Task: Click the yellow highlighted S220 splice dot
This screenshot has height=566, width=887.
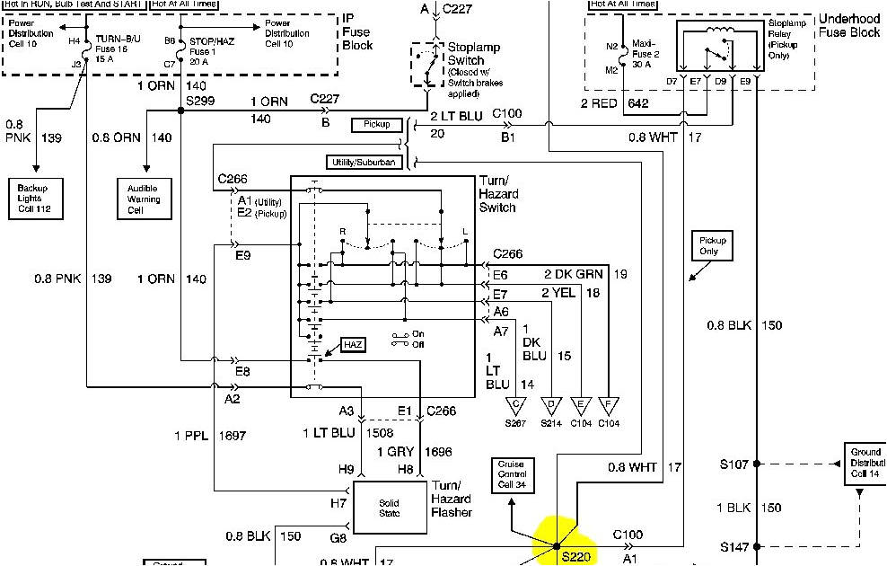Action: (x=557, y=545)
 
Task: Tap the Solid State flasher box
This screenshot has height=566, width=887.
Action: (x=390, y=507)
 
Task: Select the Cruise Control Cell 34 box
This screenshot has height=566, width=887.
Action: (x=513, y=474)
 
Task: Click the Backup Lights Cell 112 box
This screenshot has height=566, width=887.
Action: (x=38, y=198)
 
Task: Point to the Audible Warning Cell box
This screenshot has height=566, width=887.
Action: (x=143, y=198)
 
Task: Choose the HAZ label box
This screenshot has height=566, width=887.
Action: (x=353, y=346)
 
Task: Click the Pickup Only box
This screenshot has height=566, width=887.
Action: (x=709, y=245)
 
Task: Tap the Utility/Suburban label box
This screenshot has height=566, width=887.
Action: (x=360, y=163)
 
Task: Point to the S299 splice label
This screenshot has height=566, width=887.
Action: (x=199, y=101)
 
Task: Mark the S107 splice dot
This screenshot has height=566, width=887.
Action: (x=757, y=464)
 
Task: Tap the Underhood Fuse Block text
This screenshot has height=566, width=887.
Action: (x=849, y=25)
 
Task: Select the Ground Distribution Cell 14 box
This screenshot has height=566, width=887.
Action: (x=865, y=463)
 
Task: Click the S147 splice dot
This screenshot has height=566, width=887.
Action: (x=757, y=546)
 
